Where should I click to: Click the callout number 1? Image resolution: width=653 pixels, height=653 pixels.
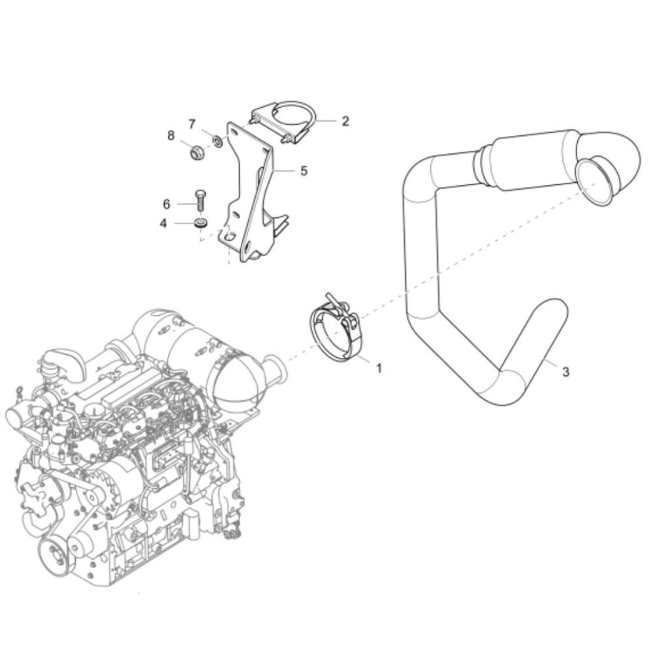pyautogui.click(x=379, y=368)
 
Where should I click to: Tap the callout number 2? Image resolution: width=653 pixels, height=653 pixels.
pyautogui.click(x=345, y=121)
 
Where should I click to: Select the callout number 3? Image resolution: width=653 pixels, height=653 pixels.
pyautogui.click(x=565, y=372)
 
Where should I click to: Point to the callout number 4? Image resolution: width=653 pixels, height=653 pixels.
pyautogui.click(x=163, y=223)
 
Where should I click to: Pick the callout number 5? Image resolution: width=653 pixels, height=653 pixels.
pyautogui.click(x=304, y=170)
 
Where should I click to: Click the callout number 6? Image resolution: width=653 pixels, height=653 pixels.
pyautogui.click(x=167, y=204)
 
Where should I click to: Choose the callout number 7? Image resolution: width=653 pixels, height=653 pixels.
pyautogui.click(x=192, y=124)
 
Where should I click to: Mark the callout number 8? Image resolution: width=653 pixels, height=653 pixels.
pyautogui.click(x=171, y=135)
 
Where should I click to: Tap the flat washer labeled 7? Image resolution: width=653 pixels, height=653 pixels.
pyautogui.click(x=218, y=141)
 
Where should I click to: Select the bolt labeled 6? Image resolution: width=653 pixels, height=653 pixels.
pyautogui.click(x=200, y=203)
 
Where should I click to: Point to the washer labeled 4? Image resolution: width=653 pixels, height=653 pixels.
pyautogui.click(x=202, y=223)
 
